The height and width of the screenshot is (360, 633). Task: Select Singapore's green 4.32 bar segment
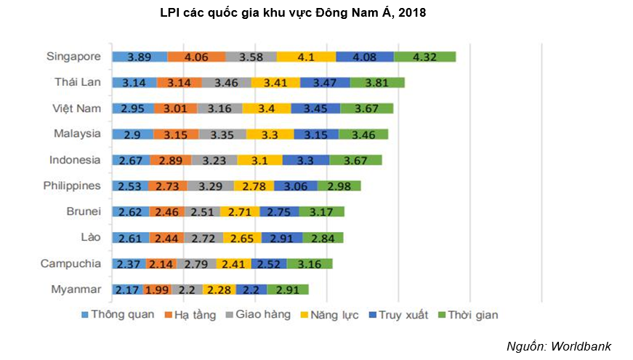[x=424, y=57]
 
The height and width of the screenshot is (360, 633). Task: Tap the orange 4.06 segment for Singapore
[x=196, y=57]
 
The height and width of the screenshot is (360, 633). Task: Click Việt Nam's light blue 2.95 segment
[x=134, y=109]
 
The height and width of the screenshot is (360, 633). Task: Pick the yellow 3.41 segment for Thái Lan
[x=275, y=83]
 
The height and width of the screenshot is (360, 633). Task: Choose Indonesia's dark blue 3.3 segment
[x=305, y=161]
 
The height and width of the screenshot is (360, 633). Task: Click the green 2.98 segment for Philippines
[x=339, y=186]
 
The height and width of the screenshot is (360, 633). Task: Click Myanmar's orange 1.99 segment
[x=158, y=289]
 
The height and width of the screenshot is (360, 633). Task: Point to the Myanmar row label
[x=76, y=289]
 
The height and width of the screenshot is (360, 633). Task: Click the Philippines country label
[x=72, y=185]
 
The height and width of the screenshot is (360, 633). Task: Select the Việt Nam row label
[x=76, y=108]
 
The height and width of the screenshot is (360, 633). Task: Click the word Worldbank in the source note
[x=580, y=345]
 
